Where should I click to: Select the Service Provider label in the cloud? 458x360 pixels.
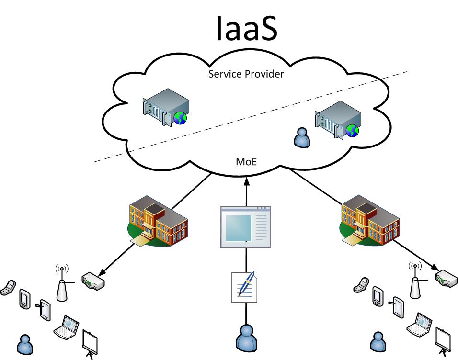click(x=246, y=74)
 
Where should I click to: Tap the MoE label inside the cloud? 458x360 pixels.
click(x=246, y=162)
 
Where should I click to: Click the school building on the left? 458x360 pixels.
click(x=158, y=221)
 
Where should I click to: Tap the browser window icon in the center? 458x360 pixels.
click(x=245, y=227)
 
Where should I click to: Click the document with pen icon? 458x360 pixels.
click(x=244, y=287)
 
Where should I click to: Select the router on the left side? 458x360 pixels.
click(x=92, y=281)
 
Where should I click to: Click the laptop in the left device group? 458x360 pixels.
click(x=66, y=326)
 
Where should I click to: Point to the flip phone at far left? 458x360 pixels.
click(x=8, y=288)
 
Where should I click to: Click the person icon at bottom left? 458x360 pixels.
click(x=24, y=344)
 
